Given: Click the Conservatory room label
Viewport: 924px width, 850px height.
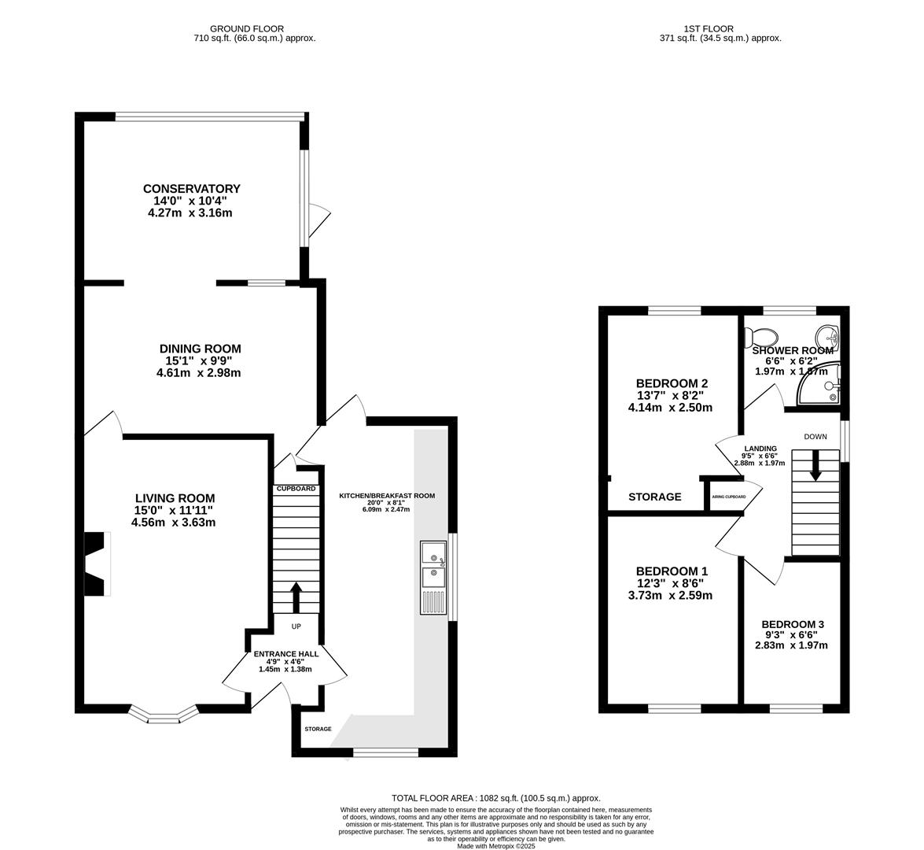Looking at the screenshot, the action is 192,189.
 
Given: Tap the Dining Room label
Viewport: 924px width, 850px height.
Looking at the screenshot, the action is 201,349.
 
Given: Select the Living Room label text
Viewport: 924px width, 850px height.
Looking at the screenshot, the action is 175,498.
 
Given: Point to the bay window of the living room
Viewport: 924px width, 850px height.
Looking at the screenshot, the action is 164,715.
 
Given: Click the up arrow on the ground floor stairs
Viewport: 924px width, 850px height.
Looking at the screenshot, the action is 296,597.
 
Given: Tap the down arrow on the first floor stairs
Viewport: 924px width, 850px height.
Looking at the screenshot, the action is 815,465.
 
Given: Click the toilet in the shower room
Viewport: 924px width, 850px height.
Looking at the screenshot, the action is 759,337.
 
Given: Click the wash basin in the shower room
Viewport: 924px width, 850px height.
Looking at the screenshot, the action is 828,338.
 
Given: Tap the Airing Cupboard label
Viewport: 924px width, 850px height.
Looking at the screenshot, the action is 729,497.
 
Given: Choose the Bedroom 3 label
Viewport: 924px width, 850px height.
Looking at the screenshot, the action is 793,624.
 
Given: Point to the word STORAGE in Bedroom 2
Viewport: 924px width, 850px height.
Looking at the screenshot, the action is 655,497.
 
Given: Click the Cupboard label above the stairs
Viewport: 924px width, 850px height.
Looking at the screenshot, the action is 296,489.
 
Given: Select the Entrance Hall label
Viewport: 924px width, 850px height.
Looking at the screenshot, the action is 286,653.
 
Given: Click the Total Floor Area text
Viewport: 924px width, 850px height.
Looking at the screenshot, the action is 496,798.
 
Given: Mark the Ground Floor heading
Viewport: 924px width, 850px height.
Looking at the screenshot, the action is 247,28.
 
